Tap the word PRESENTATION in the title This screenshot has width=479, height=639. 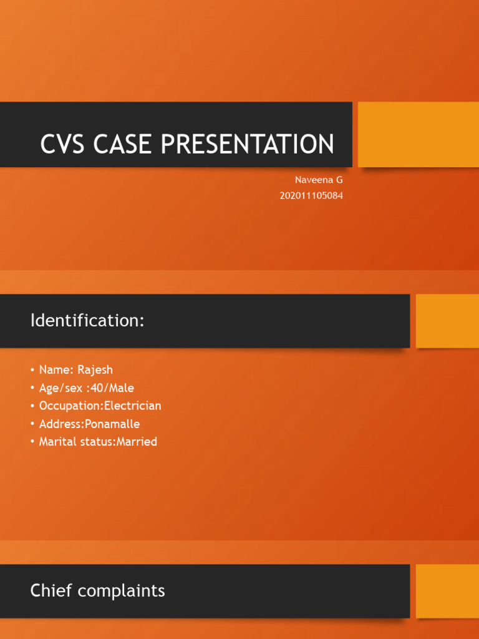click(248, 144)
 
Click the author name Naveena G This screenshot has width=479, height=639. click(319, 180)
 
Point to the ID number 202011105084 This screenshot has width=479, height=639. click(311, 195)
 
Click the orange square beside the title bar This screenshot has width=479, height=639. click(419, 135)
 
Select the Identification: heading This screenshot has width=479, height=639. click(87, 321)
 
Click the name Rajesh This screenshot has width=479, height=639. click(95, 370)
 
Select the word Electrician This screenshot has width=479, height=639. click(132, 406)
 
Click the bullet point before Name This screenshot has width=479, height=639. click(32, 370)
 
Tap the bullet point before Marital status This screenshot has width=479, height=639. click(32, 442)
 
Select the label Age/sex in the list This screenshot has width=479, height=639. click(59, 388)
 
